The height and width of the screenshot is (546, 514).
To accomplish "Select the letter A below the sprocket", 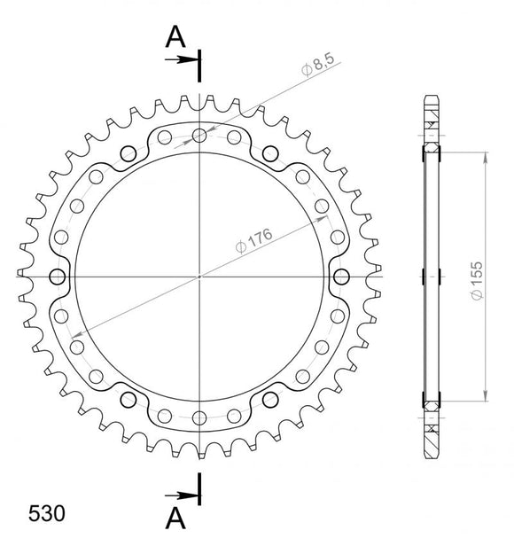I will (175, 516).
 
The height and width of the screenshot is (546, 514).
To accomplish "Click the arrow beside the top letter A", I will (183, 60).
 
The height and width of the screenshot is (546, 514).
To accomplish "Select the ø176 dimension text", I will (255, 239).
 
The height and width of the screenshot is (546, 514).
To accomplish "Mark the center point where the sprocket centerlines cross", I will (200, 275).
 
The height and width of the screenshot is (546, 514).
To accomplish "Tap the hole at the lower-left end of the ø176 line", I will (78, 345).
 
